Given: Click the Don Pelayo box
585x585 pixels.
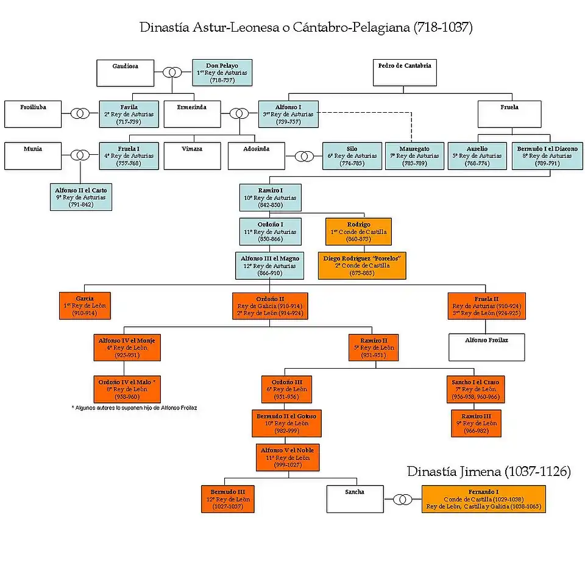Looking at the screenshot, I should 222,73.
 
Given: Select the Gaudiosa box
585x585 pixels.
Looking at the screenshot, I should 126,73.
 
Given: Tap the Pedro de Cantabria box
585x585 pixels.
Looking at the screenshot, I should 404,73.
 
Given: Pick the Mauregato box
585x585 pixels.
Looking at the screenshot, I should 414,156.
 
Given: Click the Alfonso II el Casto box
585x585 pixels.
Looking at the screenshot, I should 81,197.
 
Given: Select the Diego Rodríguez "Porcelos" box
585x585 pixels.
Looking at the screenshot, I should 362,266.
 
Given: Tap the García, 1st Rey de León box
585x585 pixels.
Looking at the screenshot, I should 85,306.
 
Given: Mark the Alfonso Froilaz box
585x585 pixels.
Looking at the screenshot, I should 486,347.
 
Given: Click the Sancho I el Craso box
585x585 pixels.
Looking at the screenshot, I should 475,389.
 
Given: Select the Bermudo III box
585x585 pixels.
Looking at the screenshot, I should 227,499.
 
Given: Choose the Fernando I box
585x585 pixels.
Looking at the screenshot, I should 483,499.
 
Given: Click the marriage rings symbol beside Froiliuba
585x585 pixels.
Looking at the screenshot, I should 80,114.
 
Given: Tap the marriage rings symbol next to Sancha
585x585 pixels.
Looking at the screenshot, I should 402,500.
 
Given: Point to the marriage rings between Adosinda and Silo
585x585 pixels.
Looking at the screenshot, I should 304,156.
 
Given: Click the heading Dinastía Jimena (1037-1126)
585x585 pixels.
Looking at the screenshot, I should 489,472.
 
